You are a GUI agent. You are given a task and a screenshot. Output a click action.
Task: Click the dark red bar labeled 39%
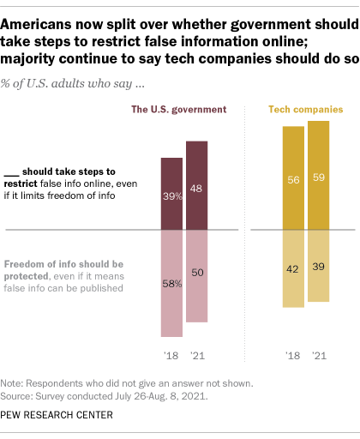click(171, 194)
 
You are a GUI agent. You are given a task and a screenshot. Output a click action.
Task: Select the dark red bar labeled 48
click(196, 185)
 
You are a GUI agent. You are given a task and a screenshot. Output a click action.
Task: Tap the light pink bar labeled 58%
click(171, 283)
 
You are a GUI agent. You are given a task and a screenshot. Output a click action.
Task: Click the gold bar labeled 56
click(293, 178)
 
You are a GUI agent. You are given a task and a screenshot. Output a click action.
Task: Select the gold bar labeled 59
click(318, 176)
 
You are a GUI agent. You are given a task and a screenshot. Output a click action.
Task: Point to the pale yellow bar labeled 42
click(293, 268)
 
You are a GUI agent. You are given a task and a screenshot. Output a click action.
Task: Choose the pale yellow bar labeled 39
click(318, 266)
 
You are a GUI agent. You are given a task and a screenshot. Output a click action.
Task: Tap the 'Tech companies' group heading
click(307, 110)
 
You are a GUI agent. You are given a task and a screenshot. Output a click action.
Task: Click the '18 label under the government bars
click(171, 353)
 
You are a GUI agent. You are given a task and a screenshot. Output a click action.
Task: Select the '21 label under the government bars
click(196, 353)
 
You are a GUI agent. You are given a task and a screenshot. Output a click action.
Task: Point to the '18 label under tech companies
click(293, 353)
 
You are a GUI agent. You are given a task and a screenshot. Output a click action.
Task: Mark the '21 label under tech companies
click(318, 353)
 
